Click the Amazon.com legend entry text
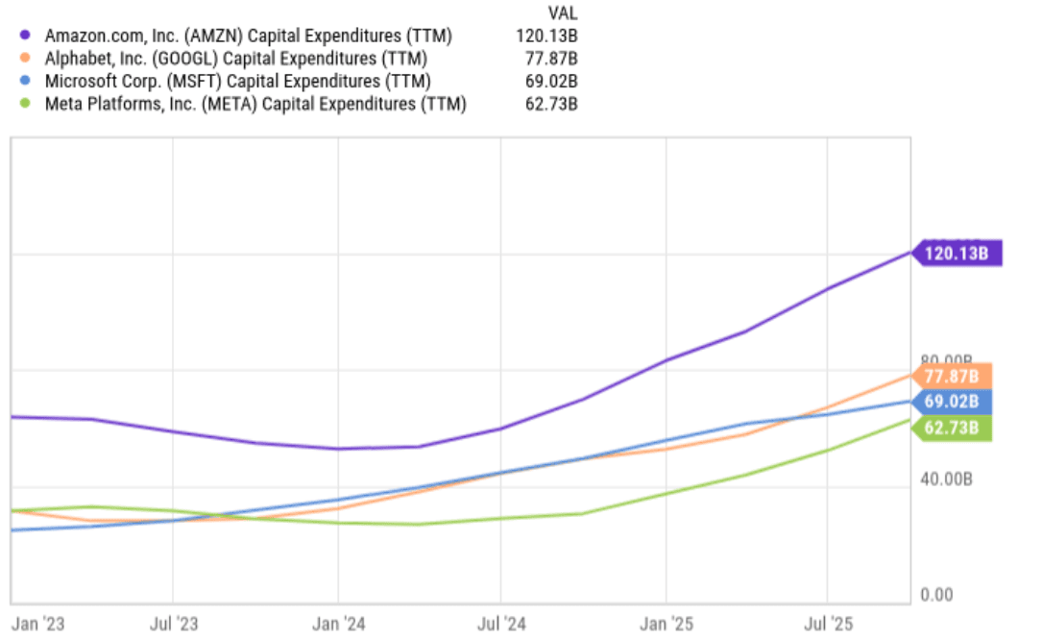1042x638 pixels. pos(249,36)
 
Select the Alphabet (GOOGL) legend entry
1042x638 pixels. pos(243,59)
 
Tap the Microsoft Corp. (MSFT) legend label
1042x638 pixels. pos(238,82)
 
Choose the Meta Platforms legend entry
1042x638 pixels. pos(255,104)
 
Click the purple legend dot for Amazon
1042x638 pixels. pos(26,36)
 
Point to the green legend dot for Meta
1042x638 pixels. pos(26,104)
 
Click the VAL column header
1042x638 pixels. pos(562,12)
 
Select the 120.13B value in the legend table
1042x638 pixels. pos(547,36)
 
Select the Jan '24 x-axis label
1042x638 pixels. pos(339,624)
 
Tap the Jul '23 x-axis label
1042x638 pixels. pos(174,624)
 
